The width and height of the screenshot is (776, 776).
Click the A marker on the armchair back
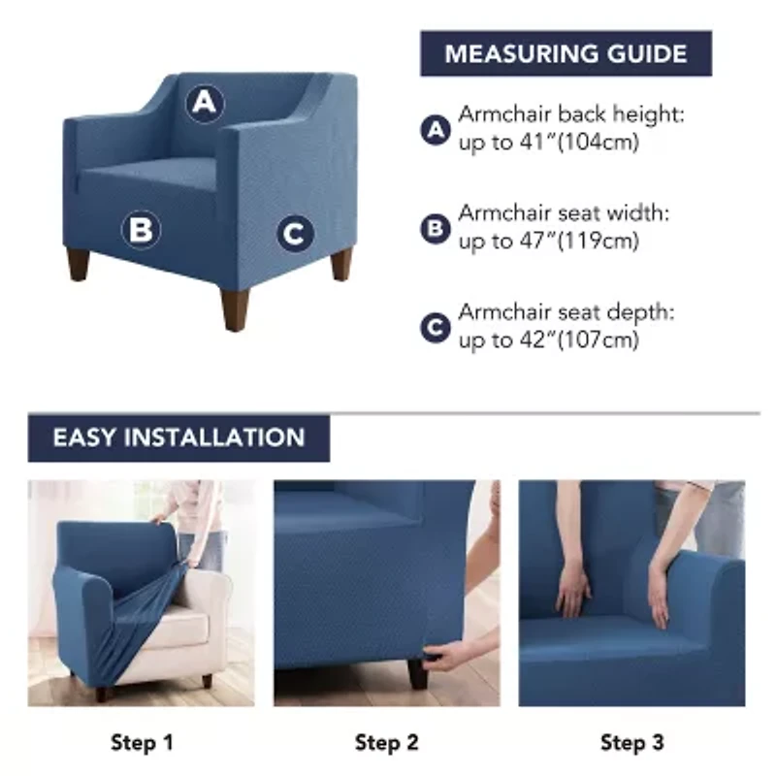coord(205,104)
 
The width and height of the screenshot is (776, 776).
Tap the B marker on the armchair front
coord(141,230)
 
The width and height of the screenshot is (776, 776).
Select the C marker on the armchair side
coord(296,234)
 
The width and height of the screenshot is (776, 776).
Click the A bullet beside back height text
coord(436,130)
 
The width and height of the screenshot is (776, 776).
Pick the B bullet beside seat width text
coord(436,229)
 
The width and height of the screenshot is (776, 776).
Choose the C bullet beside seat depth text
coord(436,328)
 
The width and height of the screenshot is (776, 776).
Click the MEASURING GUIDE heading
coord(566,53)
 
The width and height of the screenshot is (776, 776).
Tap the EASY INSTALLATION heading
coord(178,437)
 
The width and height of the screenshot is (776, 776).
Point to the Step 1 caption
coord(142,742)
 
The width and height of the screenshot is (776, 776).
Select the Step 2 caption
coord(387,742)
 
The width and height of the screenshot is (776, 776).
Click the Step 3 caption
coord(632,742)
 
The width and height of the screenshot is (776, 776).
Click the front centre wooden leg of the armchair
coord(235,308)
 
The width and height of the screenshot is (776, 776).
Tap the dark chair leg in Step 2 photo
coord(417,673)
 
